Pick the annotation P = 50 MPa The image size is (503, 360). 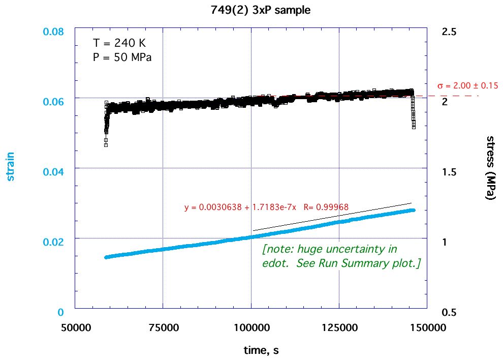pos(122,57)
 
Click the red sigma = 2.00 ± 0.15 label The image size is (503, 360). pos(467,85)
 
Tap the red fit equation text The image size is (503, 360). pos(266,207)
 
